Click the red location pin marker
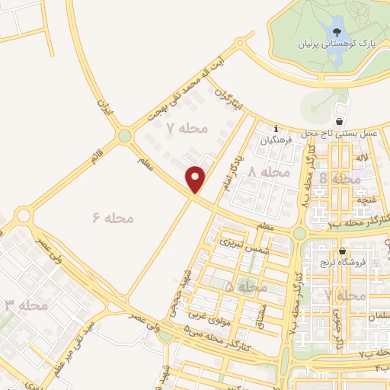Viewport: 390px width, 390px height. tap(197, 179)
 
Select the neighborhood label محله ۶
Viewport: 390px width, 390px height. tap(113, 219)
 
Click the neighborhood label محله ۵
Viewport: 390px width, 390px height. tap(246, 287)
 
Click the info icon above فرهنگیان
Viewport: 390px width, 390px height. tap(277, 129)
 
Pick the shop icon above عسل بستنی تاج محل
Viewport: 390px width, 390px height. tap(340, 121)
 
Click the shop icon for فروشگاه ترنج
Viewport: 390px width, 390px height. tap(343, 252)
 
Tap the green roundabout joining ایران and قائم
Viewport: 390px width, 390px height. tap(124, 137)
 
